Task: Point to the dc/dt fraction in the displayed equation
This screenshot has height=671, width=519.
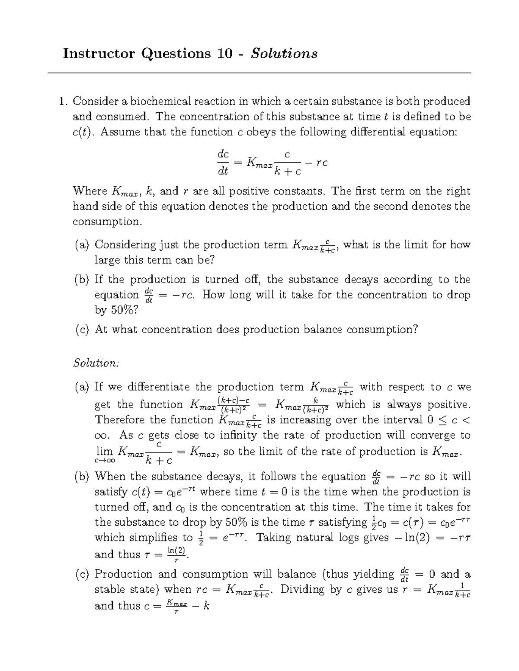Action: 223,162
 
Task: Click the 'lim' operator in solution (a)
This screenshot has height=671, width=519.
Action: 104,452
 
